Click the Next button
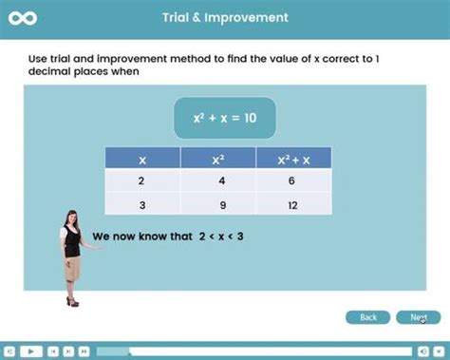click(x=418, y=317)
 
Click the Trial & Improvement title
click(x=224, y=17)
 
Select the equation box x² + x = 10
click(x=224, y=119)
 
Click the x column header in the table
click(x=141, y=161)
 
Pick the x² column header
click(x=217, y=161)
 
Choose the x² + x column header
click(x=293, y=161)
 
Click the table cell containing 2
click(x=141, y=180)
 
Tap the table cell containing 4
click(x=217, y=180)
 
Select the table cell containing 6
click(x=293, y=180)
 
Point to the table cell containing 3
click(x=141, y=203)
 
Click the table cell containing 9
click(x=217, y=203)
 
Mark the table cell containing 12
click(x=293, y=203)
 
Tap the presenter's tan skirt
click(x=71, y=270)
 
